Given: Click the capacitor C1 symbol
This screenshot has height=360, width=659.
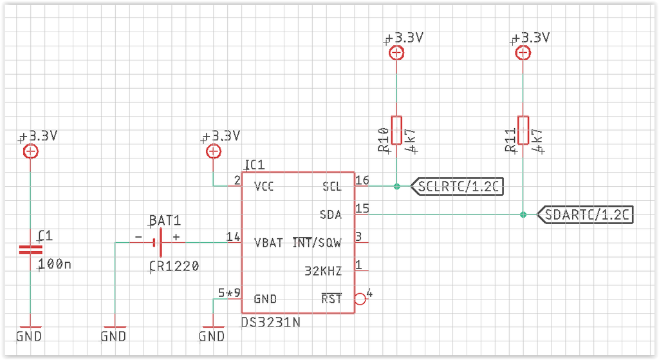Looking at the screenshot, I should pos(30,250).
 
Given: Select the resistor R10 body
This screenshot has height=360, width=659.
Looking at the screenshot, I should pos(396,131).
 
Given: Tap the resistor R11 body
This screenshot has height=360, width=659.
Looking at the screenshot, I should pos(523,131).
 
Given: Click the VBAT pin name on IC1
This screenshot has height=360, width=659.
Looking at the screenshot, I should pos(268,243).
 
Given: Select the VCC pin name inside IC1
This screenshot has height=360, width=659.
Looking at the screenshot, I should pos(264,187).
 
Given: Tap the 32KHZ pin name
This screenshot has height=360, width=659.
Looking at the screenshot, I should pos(323,271).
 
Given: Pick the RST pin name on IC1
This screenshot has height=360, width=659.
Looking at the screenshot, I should pos(331,299).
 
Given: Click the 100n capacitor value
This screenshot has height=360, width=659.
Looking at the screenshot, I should pos(55,264).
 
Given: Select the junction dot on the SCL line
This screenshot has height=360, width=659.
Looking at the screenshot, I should pos(396,187).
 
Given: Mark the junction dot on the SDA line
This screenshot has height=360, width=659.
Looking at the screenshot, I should pos(523,214).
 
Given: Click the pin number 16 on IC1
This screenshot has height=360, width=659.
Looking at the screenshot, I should pos(362,180).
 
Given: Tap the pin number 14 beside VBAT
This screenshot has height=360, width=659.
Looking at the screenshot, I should pos(232,236).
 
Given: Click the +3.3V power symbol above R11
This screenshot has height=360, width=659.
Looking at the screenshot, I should pos(523,53).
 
